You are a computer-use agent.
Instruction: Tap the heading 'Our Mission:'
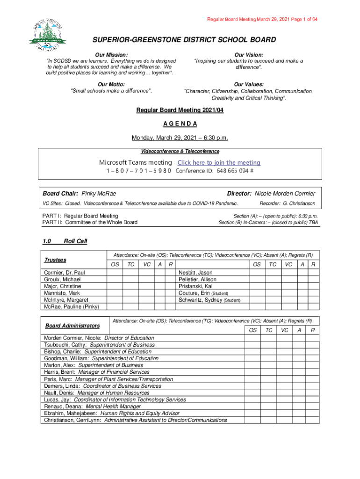(111, 55)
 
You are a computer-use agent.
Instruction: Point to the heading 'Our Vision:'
(248, 55)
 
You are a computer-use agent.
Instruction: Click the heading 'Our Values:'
(248, 84)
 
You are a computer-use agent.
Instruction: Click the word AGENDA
(180, 124)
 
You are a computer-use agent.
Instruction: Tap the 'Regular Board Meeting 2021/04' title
(180, 110)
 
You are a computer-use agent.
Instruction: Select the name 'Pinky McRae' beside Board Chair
(99, 194)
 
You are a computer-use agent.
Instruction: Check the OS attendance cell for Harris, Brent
(253, 372)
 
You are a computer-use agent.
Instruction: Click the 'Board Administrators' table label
(72, 326)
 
